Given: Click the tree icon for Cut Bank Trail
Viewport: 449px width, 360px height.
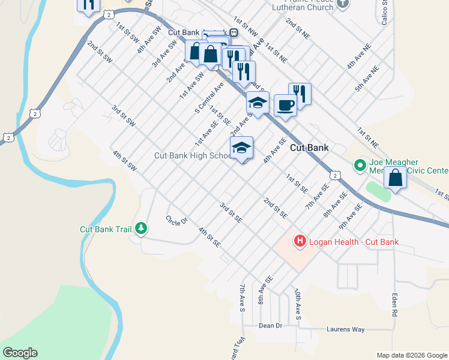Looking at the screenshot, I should click(141, 229).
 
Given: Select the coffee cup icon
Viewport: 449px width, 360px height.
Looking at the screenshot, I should click(285, 106).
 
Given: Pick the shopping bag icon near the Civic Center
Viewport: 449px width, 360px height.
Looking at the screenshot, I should click(395, 178).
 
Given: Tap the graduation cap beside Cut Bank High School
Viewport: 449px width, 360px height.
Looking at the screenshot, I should click(241, 148).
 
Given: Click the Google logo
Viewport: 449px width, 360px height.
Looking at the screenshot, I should click(20, 353).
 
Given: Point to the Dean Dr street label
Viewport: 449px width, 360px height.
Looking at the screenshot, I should click(270, 326).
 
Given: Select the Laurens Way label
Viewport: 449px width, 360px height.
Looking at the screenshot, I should click(346, 329).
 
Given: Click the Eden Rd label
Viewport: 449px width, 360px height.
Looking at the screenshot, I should click(394, 305).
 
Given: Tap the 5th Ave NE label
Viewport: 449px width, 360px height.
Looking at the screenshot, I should click(367, 79).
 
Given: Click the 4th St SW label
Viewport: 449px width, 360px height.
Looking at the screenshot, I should click(125, 161).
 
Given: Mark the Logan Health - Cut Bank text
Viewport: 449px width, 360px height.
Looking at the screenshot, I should click(354, 242).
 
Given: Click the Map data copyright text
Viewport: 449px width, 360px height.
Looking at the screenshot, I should click(411, 355).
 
